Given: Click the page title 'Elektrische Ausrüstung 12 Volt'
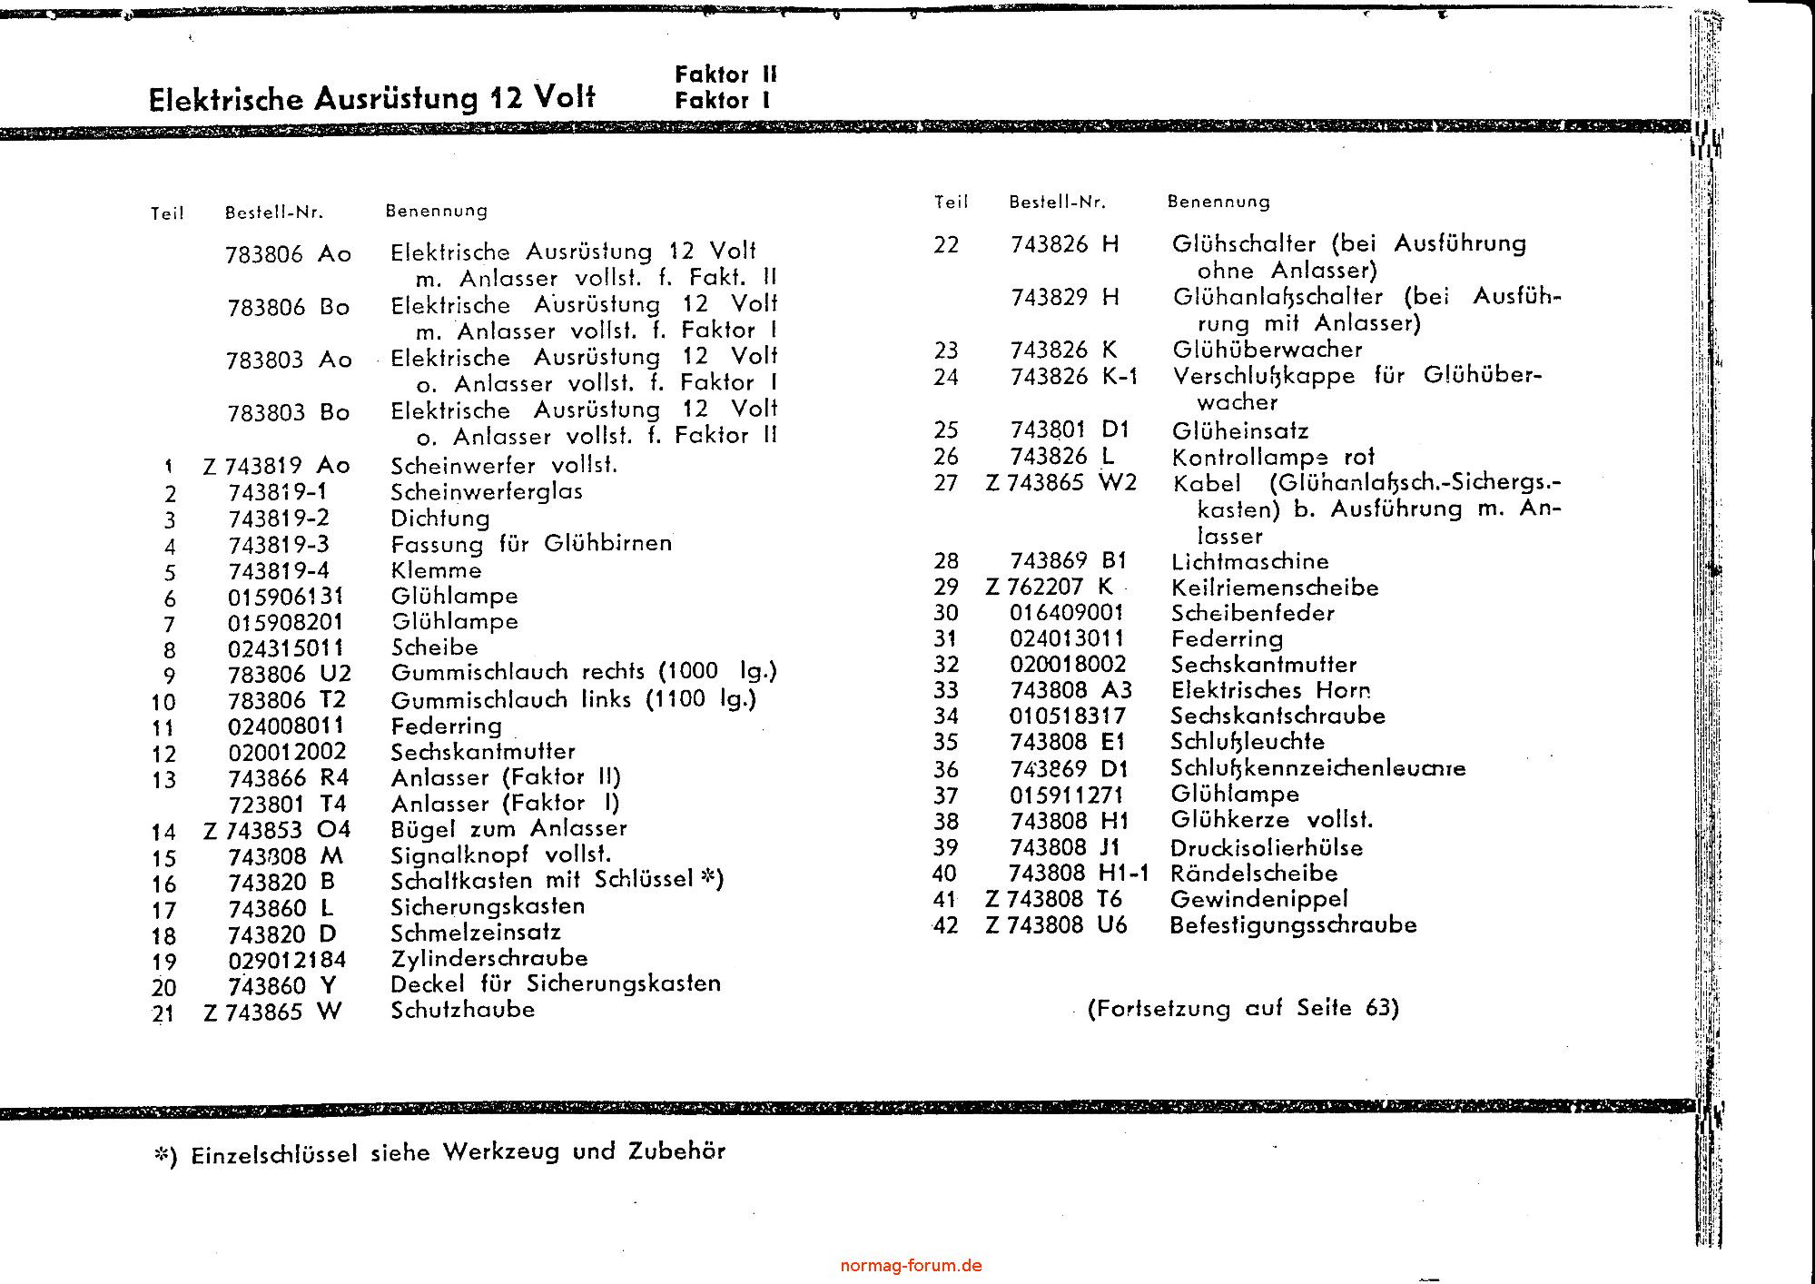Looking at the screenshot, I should coord(371,98).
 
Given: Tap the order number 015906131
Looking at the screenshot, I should coord(285,597).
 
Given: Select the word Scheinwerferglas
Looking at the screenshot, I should coord(486,492).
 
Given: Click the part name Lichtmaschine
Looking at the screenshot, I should coord(1249,561).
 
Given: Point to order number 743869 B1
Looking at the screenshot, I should coord(1068,561).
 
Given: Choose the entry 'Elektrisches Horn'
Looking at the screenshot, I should coord(1270,690).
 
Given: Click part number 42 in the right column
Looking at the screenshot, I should coord(945,926).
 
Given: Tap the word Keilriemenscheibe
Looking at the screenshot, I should coord(1275,588).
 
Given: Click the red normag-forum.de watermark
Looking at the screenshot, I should coord(911,1266).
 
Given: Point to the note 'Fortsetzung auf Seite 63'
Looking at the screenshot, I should coord(1243,1008).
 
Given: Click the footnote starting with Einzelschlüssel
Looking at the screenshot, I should coord(440,1152).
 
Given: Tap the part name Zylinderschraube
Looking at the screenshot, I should coord(488,958).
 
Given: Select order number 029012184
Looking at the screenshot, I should coord(287,960).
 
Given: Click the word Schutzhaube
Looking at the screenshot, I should coord(462,1010).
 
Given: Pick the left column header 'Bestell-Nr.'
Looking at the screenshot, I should coord(274,213).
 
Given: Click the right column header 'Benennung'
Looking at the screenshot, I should coord(1218,202).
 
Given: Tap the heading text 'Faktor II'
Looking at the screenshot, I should coord(725,74).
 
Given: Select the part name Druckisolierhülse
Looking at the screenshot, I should coord(1267,848).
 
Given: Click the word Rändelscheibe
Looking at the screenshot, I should coord(1254,874).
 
